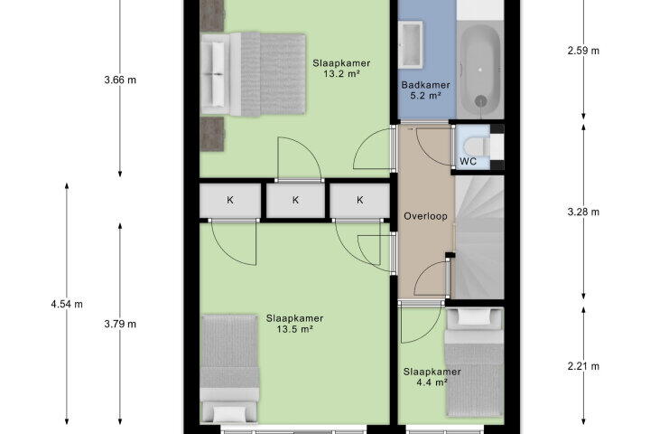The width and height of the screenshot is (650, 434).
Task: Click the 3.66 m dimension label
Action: click(x=120, y=80)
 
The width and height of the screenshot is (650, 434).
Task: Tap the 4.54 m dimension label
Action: click(x=67, y=304)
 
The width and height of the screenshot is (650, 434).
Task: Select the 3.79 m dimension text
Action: click(x=120, y=324)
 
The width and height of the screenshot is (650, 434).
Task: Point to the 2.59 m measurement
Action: click(x=583, y=51)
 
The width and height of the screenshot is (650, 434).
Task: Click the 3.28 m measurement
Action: click(x=583, y=212)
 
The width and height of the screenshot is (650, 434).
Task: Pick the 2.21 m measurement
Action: click(x=583, y=366)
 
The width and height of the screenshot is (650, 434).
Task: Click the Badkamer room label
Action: click(x=425, y=85)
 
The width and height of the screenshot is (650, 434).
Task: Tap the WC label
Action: click(x=468, y=161)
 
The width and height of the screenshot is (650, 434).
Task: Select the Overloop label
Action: click(x=425, y=216)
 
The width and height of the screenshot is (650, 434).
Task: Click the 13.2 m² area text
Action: click(x=341, y=74)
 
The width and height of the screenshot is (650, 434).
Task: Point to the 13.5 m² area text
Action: click(x=294, y=329)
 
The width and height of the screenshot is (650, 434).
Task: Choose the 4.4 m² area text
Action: click(x=432, y=382)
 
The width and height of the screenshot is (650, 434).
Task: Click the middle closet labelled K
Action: click(x=295, y=200)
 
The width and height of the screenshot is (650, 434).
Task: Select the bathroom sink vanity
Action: click(x=411, y=45)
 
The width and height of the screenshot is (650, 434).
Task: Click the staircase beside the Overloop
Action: click(x=479, y=237)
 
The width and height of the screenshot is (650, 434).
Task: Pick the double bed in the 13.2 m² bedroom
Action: click(x=253, y=74)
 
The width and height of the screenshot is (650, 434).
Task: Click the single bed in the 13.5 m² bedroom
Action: click(x=229, y=369)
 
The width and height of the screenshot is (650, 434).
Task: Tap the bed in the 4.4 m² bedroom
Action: click(x=474, y=362)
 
